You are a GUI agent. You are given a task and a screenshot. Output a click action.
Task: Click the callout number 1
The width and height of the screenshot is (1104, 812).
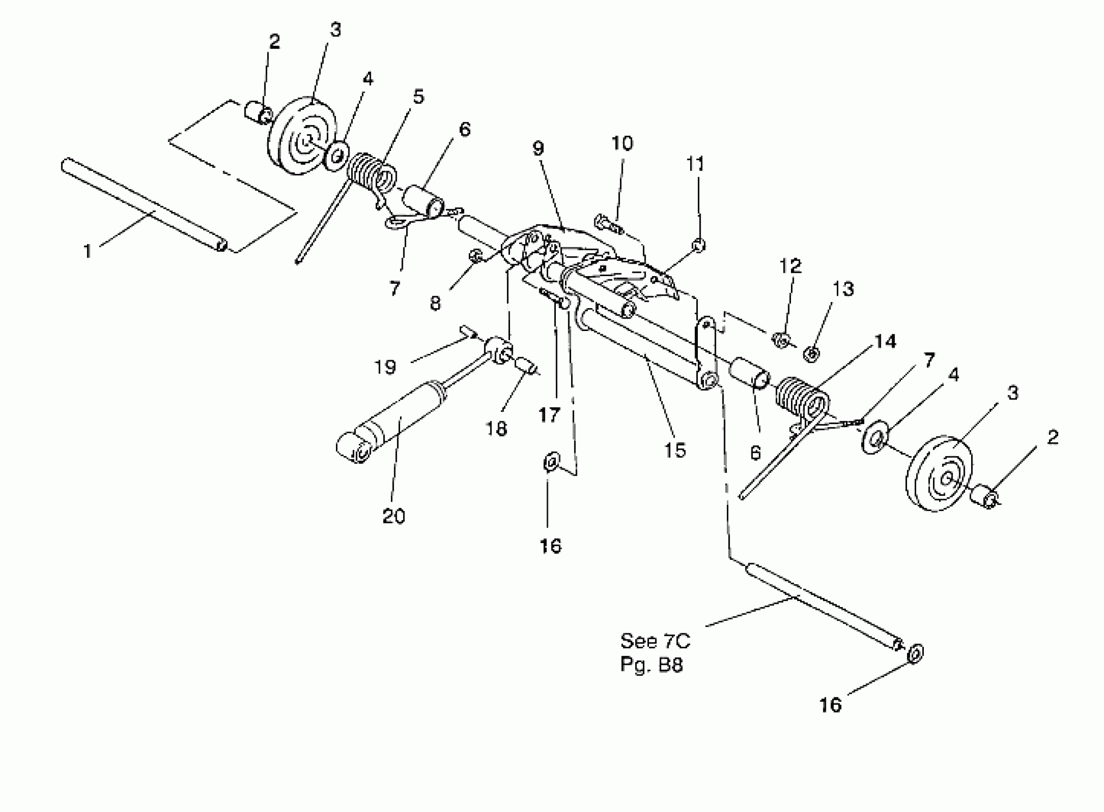coord(87,251)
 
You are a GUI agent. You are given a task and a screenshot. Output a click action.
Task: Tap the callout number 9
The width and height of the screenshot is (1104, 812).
coord(538,148)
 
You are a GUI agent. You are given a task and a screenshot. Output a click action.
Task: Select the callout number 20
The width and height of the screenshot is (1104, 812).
coord(393,516)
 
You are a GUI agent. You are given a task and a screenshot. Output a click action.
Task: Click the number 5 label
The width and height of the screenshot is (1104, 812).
coord(418,97)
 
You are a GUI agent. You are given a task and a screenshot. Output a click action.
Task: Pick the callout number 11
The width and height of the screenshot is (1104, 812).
coord(695,164)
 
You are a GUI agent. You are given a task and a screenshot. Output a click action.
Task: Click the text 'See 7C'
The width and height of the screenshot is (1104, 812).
coord(655,641)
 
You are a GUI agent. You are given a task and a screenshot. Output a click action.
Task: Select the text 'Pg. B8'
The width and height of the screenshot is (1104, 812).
coord(651,665)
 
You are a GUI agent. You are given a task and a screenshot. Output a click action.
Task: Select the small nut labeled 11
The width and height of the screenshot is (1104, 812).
coord(699,244)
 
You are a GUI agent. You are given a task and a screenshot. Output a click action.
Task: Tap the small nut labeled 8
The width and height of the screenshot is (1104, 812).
coord(475,256)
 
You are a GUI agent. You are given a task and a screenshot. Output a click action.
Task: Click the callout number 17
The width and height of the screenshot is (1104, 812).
coord(549,416)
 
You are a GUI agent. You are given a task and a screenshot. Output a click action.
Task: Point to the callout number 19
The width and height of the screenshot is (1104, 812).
coord(385,367)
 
